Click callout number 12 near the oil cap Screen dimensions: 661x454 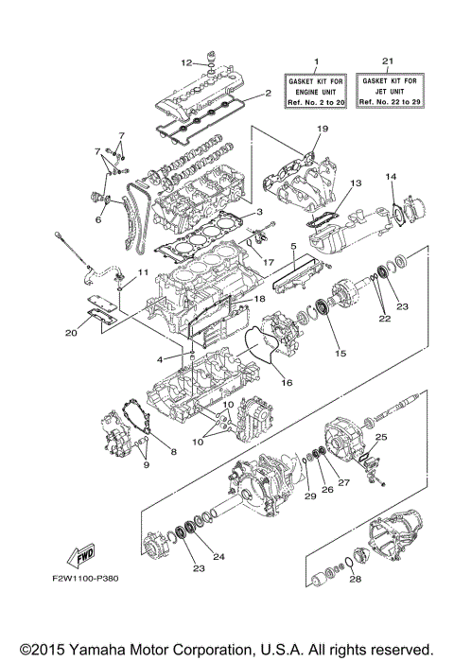point(186,62)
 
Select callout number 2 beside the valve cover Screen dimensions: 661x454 point(268,93)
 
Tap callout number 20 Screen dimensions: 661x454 point(72,332)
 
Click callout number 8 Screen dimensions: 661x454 point(173,453)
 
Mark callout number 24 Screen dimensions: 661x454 point(219,557)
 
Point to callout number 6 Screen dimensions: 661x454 point(97,219)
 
